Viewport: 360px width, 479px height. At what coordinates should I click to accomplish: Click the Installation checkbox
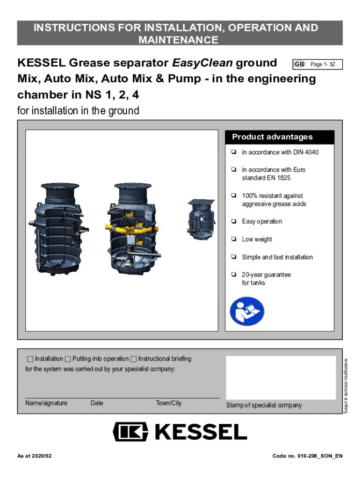pyautogui.click(x=30, y=359)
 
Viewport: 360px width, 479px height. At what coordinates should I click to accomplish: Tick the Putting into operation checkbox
pyautogui.click(x=68, y=359)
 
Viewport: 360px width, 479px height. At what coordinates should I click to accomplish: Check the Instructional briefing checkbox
pyautogui.click(x=134, y=359)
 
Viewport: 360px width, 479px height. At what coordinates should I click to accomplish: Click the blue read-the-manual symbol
pyautogui.click(x=247, y=312)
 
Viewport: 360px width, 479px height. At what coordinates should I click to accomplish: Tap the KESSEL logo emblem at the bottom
pyautogui.click(x=131, y=431)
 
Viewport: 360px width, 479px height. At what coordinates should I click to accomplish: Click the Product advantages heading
pyautogui.click(x=272, y=137)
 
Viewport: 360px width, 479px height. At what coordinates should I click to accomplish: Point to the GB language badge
pyautogui.click(x=299, y=64)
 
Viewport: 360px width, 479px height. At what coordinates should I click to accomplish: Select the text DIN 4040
pyautogui.click(x=306, y=152)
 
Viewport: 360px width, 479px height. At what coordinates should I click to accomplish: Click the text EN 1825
pyautogui.click(x=278, y=178)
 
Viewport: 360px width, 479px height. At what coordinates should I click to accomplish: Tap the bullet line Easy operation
pyautogui.click(x=262, y=221)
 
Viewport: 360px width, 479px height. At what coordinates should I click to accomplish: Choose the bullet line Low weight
pyautogui.click(x=257, y=239)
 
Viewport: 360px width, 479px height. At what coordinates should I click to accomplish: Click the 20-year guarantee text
pyautogui.click(x=266, y=275)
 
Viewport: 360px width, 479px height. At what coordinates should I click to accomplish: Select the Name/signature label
pyautogui.click(x=46, y=403)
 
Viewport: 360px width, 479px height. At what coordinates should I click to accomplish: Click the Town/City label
pyautogui.click(x=169, y=403)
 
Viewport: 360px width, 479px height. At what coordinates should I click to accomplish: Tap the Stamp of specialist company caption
pyautogui.click(x=264, y=405)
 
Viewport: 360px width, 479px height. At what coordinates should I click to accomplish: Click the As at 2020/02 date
pyautogui.click(x=35, y=456)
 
